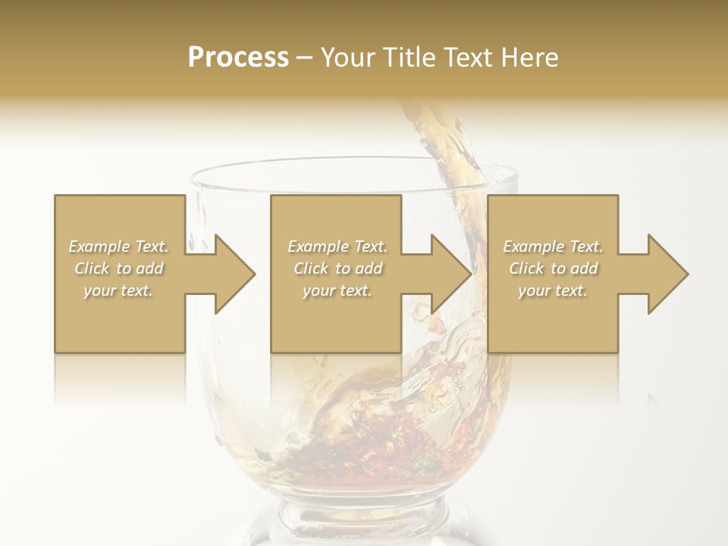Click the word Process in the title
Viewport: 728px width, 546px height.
point(238,58)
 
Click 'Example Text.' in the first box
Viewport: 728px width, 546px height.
point(118,246)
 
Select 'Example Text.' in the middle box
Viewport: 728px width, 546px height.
point(337,246)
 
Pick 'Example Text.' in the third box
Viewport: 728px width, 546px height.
point(553,246)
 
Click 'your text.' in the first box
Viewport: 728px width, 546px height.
point(118,290)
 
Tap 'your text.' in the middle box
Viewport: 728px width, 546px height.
point(337,290)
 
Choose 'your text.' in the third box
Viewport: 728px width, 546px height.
point(553,290)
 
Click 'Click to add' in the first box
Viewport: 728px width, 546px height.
point(118,268)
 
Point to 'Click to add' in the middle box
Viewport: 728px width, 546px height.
point(337,268)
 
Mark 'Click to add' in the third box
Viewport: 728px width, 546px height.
point(553,268)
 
